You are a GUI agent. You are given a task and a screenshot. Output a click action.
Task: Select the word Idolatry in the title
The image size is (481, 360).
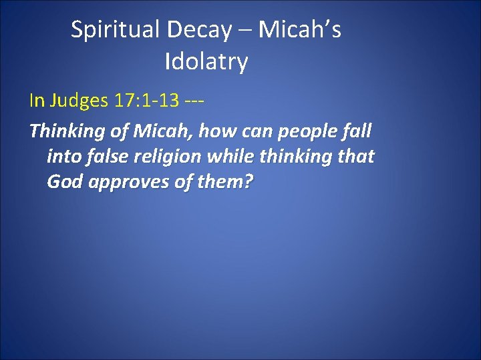[x=206, y=62]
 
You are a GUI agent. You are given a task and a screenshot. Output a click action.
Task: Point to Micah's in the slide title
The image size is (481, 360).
[x=299, y=30]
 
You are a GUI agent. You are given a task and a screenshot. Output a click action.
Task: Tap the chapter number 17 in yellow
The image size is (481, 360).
[x=124, y=101]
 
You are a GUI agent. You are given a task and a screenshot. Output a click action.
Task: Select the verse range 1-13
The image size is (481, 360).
[x=161, y=101]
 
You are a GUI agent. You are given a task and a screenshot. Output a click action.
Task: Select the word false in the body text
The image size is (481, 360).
[x=106, y=157]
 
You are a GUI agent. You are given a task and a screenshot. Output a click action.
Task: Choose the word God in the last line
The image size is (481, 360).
[x=64, y=182]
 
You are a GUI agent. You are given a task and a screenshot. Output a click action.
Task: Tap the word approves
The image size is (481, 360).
[x=128, y=183]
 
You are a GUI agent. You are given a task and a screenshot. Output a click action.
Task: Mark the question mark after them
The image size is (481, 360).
[x=249, y=182]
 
